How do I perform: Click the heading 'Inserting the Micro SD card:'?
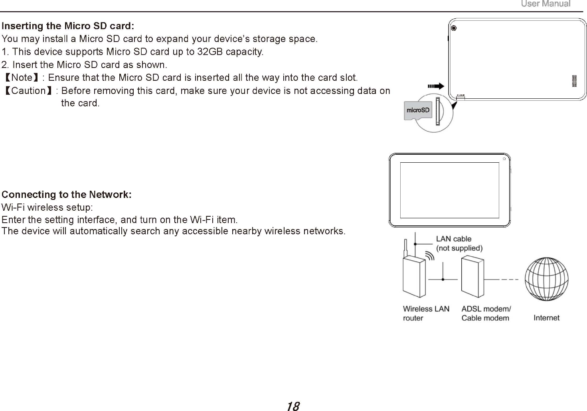point(68,26)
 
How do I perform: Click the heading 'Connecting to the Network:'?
point(67,195)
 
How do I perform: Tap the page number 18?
point(293,406)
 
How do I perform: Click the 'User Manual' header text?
point(545,4)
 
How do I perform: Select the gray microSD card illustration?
point(417,110)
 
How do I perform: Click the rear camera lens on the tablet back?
point(453,28)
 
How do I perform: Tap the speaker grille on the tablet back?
point(574,81)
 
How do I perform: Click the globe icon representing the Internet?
point(546,279)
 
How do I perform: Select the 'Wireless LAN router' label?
point(426,313)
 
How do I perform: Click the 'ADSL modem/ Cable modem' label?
point(486,313)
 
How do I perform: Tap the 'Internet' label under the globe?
point(546,318)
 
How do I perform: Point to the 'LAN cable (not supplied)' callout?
point(459,243)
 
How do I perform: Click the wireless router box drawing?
point(414,277)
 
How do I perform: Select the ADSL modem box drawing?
point(472,277)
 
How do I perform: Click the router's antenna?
point(405,248)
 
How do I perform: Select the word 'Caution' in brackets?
point(28,91)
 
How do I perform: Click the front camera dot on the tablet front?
point(504,159)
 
